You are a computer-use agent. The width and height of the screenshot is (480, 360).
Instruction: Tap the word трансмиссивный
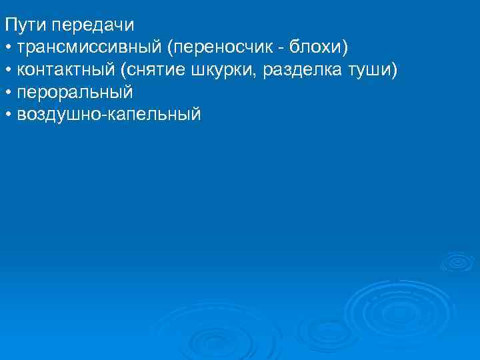[x=90, y=48]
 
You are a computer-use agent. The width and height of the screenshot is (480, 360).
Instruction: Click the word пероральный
[x=75, y=92]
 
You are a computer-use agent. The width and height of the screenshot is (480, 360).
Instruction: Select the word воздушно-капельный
[x=109, y=114]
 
